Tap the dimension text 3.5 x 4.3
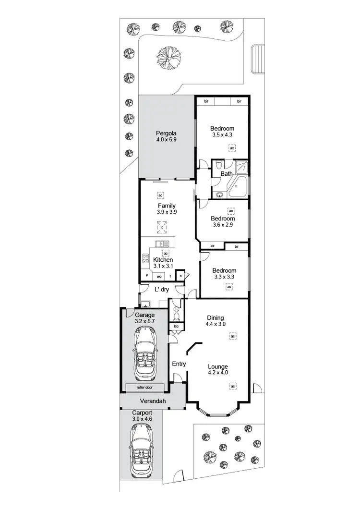(222, 135)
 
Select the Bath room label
(227, 174)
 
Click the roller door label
(144, 387)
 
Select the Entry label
(179, 364)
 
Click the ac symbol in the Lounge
(233, 386)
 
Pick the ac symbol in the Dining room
(232, 336)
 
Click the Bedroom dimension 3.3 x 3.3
(224, 277)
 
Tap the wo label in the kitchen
(159, 277)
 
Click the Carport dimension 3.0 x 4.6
(142, 419)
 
